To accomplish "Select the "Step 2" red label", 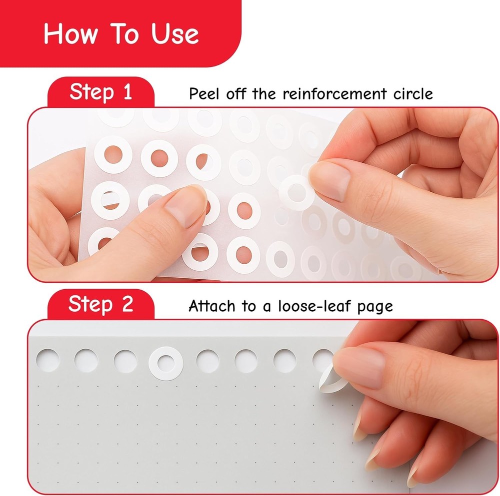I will [x=100, y=304].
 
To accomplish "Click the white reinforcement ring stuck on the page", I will [x=166, y=362].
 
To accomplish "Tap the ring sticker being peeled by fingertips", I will [x=296, y=192].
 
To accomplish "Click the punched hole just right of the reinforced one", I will [x=208, y=361].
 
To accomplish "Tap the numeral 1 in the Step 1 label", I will [x=126, y=92].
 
